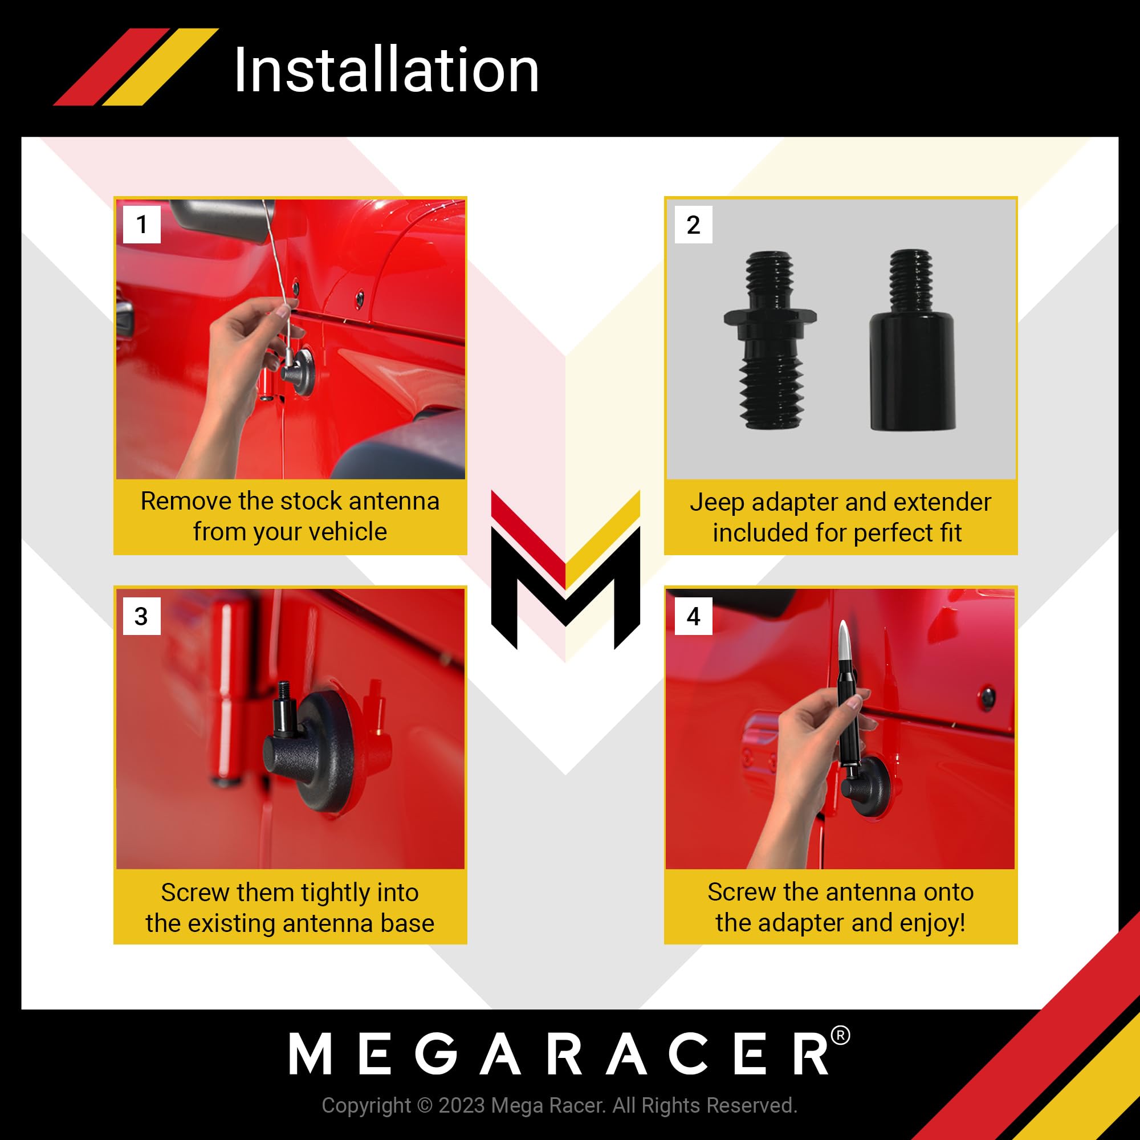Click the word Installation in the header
click(x=386, y=70)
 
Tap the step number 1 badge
click(x=141, y=224)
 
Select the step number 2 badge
click(x=693, y=224)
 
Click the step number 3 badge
click(x=141, y=616)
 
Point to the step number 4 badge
click(x=693, y=616)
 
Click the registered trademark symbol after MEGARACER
click(x=840, y=1036)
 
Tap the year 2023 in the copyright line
click(x=462, y=1105)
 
